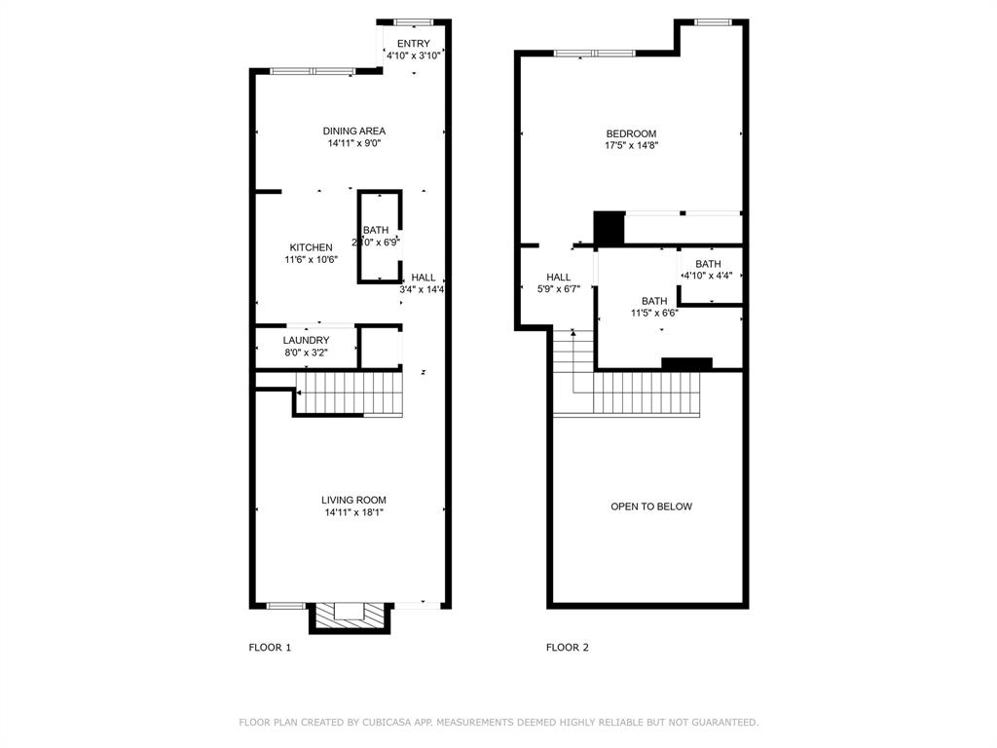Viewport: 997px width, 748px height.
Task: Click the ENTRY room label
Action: pos(413,44)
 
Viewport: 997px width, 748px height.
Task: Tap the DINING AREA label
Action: pos(354,131)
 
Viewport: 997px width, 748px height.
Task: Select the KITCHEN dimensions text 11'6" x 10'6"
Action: pos(311,259)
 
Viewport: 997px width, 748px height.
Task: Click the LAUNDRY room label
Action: pos(306,340)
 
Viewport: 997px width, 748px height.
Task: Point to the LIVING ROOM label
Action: pos(354,500)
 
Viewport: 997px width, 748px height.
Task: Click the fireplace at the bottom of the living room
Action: pos(351,615)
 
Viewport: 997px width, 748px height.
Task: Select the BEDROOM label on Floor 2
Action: pos(631,133)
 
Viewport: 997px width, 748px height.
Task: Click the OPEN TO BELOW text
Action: pos(651,506)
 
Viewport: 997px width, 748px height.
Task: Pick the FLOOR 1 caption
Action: pos(270,647)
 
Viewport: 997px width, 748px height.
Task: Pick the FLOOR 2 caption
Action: pos(567,647)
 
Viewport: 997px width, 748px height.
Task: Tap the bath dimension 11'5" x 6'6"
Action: pos(654,314)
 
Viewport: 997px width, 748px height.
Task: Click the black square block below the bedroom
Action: pos(609,228)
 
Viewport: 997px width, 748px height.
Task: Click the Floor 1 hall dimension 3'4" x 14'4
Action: pos(423,289)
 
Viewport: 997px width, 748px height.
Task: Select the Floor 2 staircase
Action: pos(643,393)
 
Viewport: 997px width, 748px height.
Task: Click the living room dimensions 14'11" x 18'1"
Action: pos(354,512)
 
